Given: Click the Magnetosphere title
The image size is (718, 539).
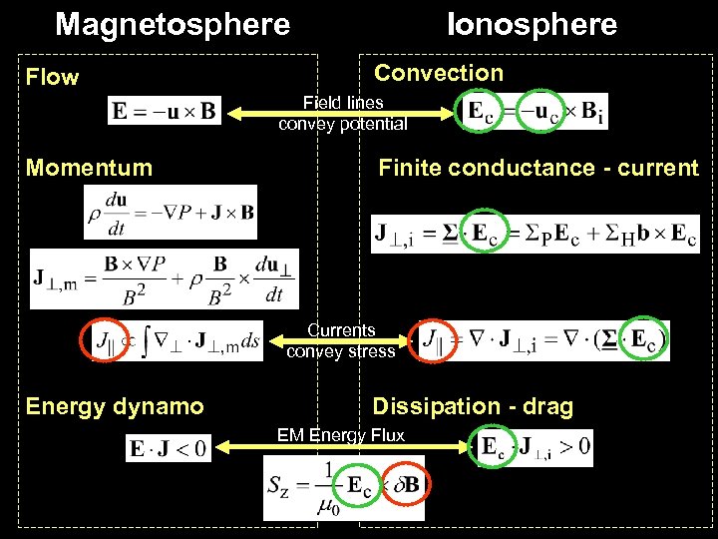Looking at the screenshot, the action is click(173, 24).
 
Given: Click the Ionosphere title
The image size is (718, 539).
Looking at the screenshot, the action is click(533, 24).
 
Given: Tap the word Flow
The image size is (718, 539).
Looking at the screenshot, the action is click(53, 77).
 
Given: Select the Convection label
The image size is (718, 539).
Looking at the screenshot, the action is click(439, 73).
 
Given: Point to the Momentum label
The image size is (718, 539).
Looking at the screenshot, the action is click(90, 168).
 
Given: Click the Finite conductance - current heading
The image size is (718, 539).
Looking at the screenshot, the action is click(538, 168).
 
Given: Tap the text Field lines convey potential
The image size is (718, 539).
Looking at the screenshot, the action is click(343, 114).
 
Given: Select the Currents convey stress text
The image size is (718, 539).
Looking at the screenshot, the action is click(341, 340).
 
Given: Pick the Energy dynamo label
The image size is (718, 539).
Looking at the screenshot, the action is click(115, 406).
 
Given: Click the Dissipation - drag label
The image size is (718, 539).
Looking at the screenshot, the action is click(473, 406).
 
